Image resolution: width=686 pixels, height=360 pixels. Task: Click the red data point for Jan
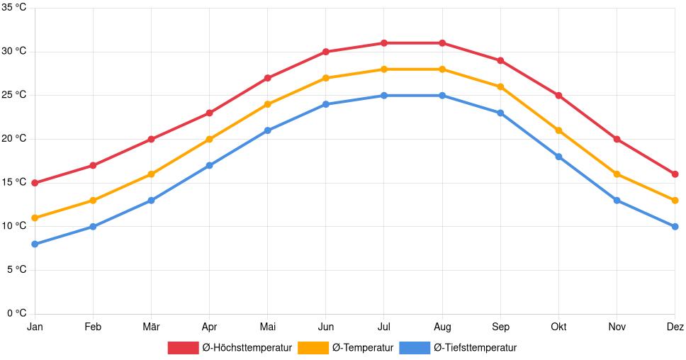pos(35,183)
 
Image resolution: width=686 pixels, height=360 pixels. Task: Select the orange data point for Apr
pos(209,139)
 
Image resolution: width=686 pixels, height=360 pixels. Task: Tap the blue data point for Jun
pos(326,104)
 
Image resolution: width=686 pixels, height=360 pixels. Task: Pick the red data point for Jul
pos(384,43)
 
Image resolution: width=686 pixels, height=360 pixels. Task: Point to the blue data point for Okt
pos(558,157)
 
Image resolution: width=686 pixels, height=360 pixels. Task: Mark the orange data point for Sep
pos(500,86)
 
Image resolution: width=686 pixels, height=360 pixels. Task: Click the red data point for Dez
pos(675,174)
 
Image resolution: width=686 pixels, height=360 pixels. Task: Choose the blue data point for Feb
pos(93,227)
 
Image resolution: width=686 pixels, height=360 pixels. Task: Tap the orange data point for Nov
pos(617,174)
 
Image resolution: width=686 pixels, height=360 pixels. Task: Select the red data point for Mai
pos(267,78)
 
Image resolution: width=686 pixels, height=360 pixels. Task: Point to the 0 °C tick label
pos(16,313)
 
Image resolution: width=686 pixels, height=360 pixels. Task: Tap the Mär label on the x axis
pos(151,327)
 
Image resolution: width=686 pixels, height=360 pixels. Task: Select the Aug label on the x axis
pos(442,327)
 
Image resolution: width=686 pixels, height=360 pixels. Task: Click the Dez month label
pos(675,327)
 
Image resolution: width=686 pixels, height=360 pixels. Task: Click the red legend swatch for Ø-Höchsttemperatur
pos(183,347)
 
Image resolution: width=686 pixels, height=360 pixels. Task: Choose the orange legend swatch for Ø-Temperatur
pos(313,347)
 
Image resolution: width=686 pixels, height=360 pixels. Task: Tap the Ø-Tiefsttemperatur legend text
pos(475,347)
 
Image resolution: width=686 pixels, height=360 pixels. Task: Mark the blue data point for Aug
pos(442,96)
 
